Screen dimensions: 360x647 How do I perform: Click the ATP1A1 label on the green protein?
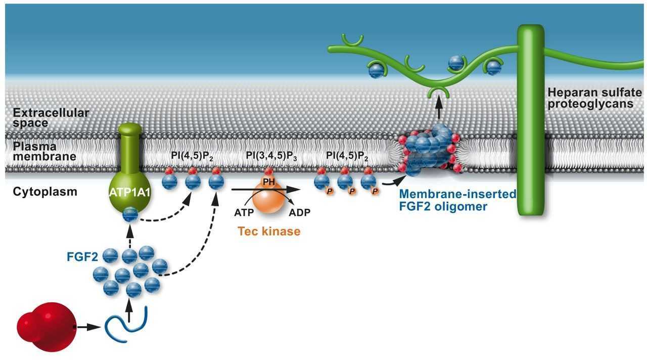(x=129, y=193)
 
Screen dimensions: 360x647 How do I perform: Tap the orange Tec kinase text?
(x=269, y=232)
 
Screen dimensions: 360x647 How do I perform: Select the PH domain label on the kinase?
(x=268, y=181)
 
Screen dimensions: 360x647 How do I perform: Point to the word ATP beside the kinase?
(x=244, y=211)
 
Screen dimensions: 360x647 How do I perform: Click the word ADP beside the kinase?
(x=300, y=211)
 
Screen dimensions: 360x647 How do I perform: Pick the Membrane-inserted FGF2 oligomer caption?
(x=457, y=200)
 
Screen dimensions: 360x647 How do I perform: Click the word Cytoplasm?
(x=45, y=192)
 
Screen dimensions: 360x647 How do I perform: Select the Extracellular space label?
(x=51, y=117)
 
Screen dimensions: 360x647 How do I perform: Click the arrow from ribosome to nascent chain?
(x=88, y=327)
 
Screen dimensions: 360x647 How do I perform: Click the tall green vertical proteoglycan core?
(x=530, y=121)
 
